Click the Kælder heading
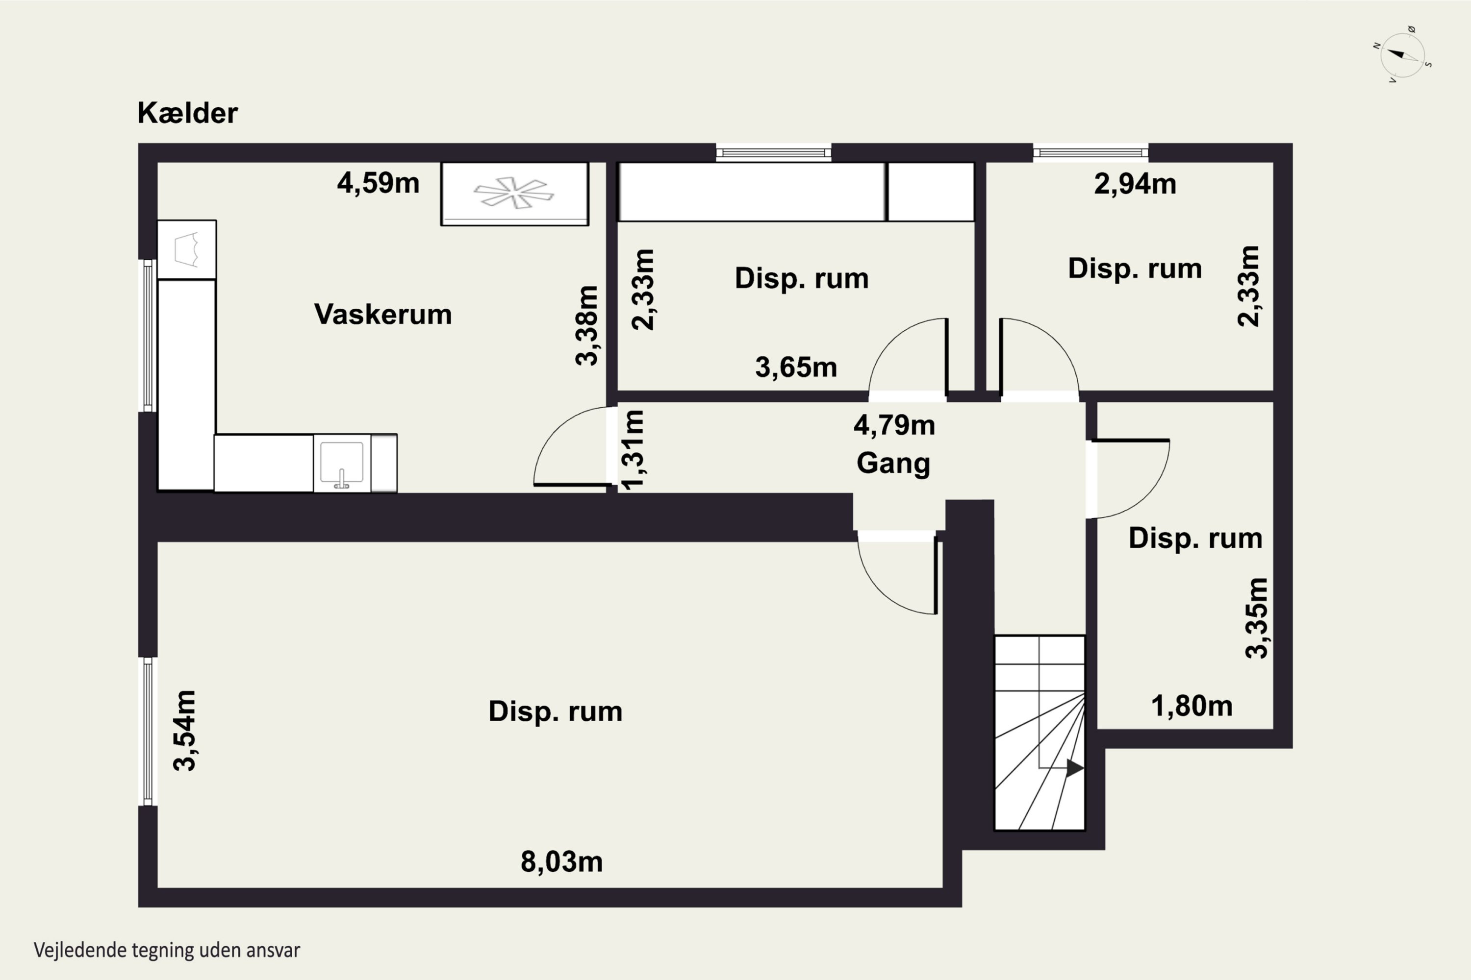[188, 113]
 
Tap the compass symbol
[1403, 55]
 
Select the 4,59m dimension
[378, 183]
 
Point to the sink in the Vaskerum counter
[341, 463]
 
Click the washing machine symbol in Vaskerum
[186, 249]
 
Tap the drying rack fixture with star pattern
[514, 193]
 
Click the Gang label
[893, 464]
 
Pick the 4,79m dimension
[894, 426]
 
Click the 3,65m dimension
[795, 367]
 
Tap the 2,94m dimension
[1135, 184]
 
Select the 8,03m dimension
[561, 862]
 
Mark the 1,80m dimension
[1192, 706]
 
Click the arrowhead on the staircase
[1074, 768]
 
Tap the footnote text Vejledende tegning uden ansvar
[167, 951]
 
